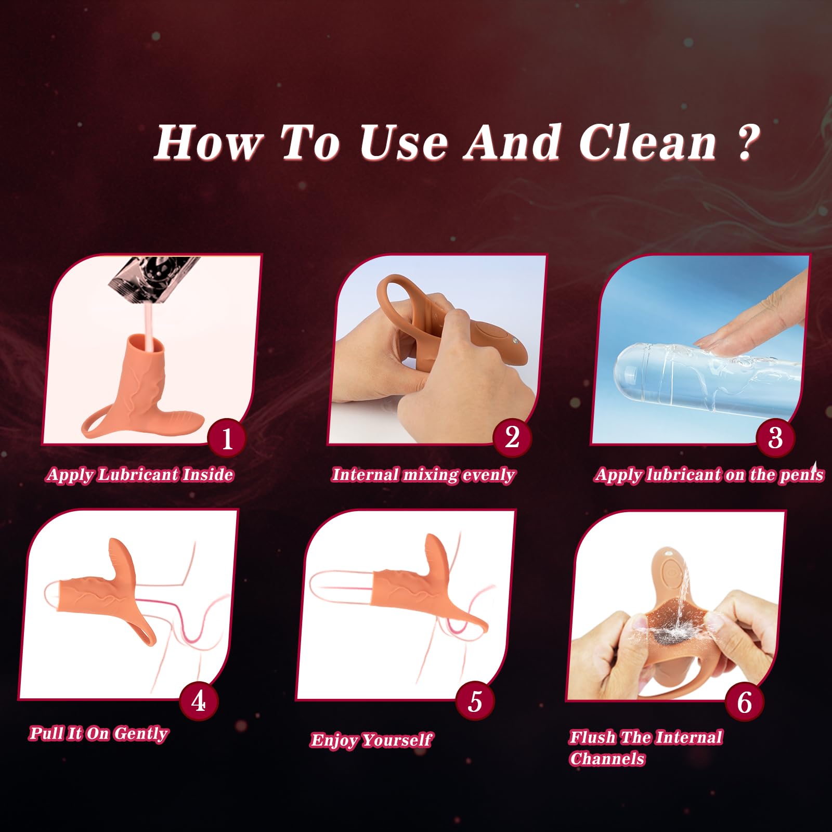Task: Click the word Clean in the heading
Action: point(648,142)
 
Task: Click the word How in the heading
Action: point(208,142)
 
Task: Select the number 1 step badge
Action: point(227,438)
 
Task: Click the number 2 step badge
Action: point(512,437)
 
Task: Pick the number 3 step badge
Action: point(775,437)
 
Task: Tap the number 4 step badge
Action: point(198,701)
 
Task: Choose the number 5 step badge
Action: point(475,701)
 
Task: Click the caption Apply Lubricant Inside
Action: point(139,475)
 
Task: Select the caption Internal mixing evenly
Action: point(423,475)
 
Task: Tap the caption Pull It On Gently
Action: point(98,733)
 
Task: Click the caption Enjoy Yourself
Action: point(371,739)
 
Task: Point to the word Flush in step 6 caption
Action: point(592,737)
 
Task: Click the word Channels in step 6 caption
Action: point(607,759)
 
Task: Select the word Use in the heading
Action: point(403,142)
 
